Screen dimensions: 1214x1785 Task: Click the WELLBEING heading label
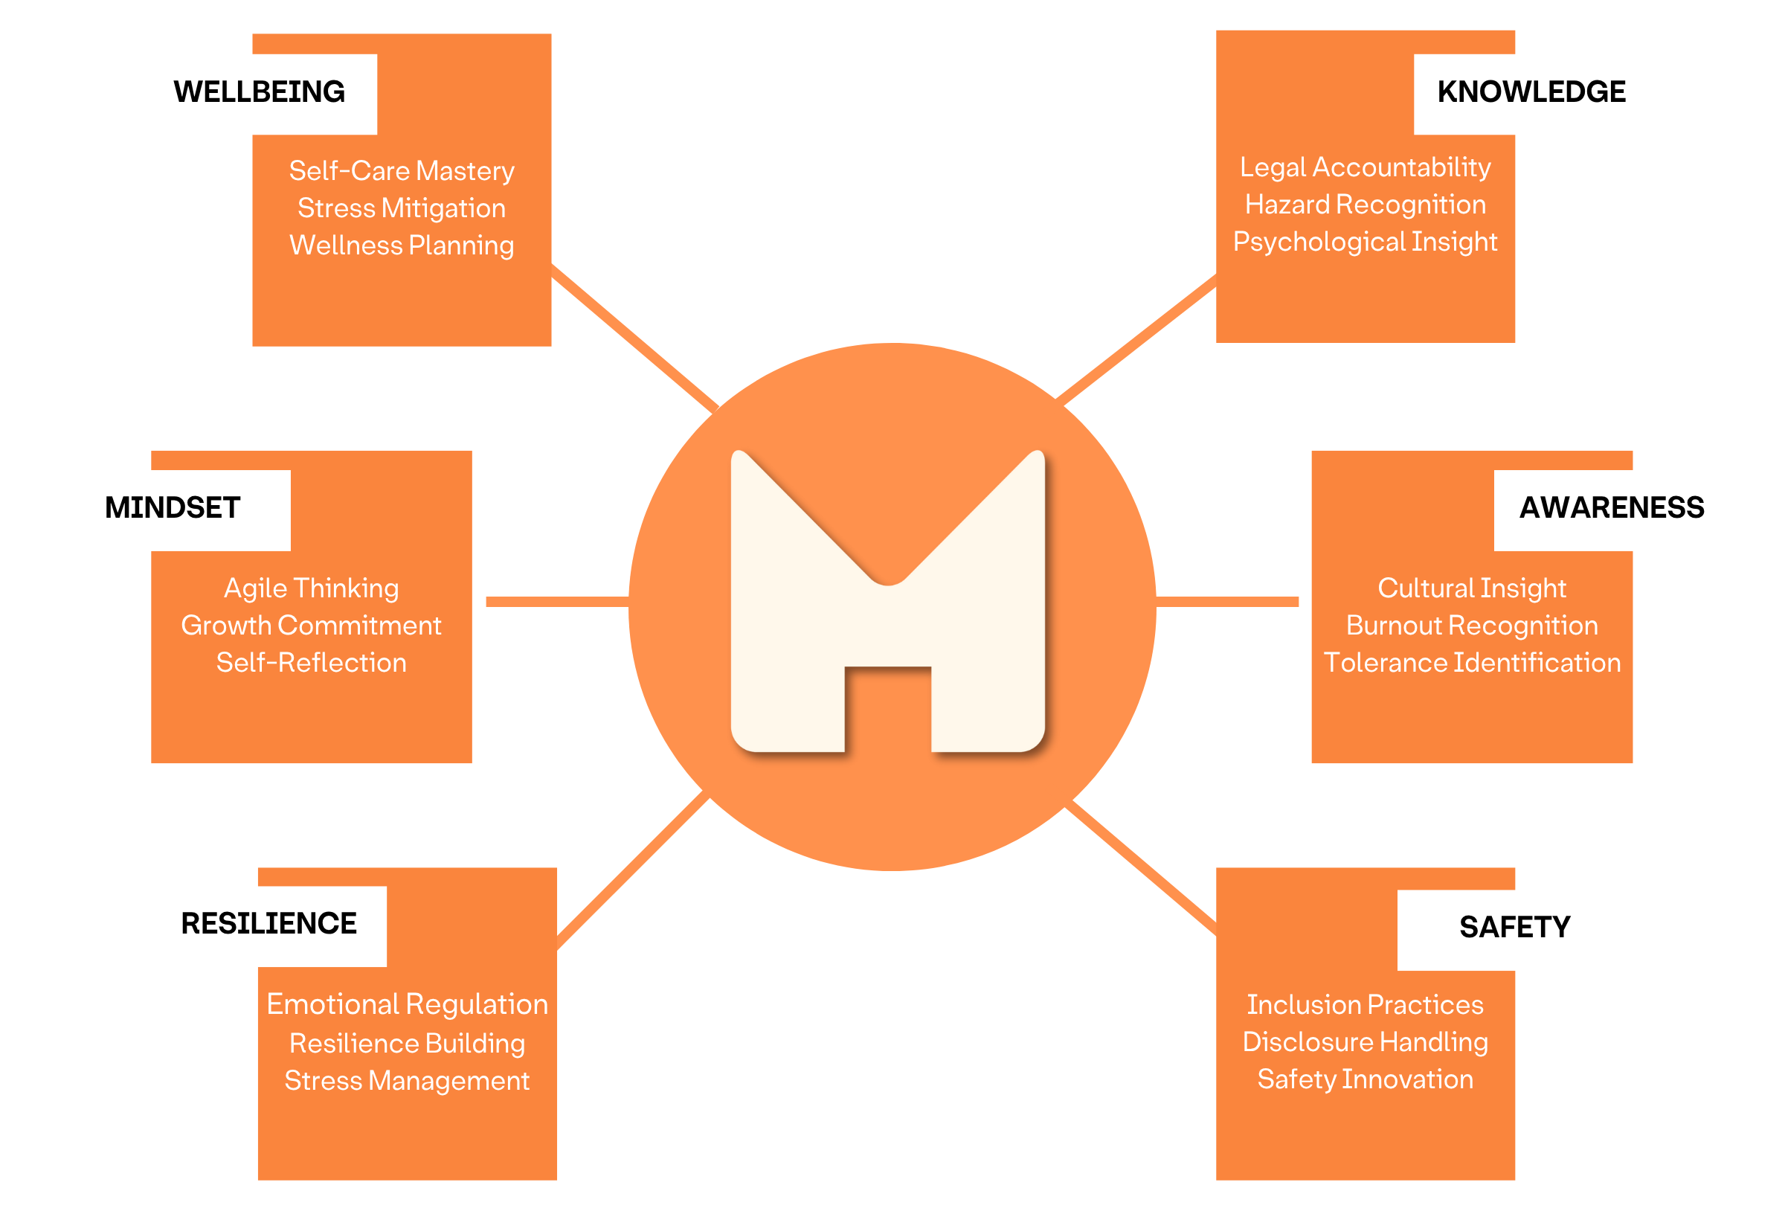[259, 93]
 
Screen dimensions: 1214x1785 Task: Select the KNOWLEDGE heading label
[1531, 93]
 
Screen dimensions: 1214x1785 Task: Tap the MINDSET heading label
[172, 509]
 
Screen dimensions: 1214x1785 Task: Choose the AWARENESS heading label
[1612, 509]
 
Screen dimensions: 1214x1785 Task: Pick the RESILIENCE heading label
[268, 925]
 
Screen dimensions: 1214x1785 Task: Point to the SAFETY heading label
[1514, 928]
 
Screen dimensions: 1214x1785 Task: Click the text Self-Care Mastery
[402, 170]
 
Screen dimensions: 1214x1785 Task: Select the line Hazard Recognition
[1365, 205]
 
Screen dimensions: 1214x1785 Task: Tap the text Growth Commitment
[311, 626]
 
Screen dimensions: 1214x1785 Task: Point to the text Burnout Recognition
[1472, 626]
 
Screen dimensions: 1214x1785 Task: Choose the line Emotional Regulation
[407, 1005]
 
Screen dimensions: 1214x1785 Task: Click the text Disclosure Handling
[1365, 1042]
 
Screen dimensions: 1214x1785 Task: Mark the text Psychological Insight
[1365, 242]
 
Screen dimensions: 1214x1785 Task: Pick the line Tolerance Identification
[1472, 663]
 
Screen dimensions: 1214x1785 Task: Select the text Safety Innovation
[1365, 1079]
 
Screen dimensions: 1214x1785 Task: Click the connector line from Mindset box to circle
[557, 602]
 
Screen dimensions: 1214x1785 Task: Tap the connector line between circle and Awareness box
[1226, 602]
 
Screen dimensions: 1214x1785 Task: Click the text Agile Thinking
[311, 588]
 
